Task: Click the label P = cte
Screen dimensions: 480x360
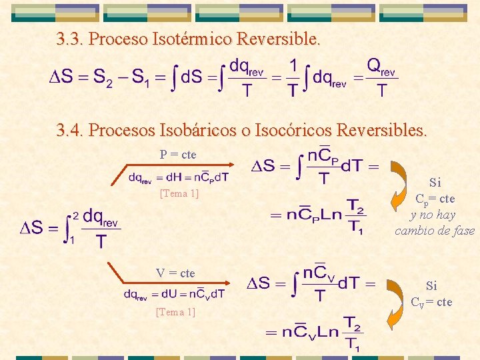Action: pyautogui.click(x=178, y=155)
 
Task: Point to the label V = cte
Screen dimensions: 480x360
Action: pyautogui.click(x=175, y=273)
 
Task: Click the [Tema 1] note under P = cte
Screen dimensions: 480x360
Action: pyautogui.click(x=179, y=194)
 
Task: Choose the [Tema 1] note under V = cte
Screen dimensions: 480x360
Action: pyautogui.click(x=175, y=311)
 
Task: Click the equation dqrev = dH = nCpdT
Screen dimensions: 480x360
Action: pyautogui.click(x=179, y=177)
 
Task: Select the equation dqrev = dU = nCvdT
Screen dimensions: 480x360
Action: pyautogui.click(x=175, y=293)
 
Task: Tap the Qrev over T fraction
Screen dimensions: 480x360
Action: pyautogui.click(x=381, y=77)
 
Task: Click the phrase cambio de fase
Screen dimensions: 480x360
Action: pyautogui.click(x=435, y=231)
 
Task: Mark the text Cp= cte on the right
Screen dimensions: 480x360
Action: pyautogui.click(x=435, y=199)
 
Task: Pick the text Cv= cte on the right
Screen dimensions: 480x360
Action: pyautogui.click(x=431, y=303)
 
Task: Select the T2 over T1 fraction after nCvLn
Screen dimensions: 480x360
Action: pyautogui.click(x=353, y=333)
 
